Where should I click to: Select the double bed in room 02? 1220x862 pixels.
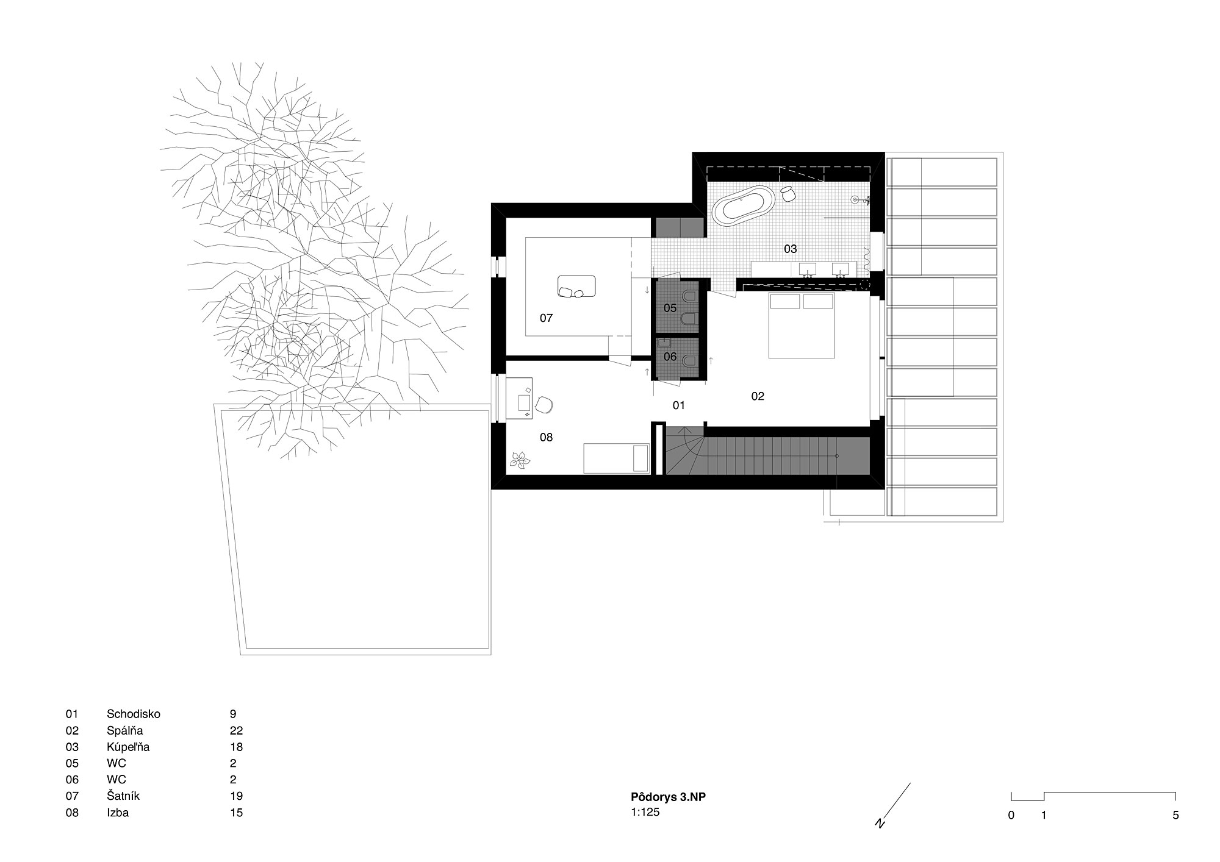tap(802, 326)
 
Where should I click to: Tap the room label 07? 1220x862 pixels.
tap(546, 318)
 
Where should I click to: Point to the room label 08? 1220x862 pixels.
tap(546, 437)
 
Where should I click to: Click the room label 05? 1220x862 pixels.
tap(670, 308)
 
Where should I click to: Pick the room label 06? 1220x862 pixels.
tap(670, 357)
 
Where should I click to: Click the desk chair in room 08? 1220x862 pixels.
tap(544, 405)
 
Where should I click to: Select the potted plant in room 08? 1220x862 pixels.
tap(520, 460)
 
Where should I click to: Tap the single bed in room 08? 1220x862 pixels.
tap(616, 458)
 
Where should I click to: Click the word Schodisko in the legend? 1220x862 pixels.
tap(134, 714)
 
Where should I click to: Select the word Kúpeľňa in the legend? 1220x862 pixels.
tap(128, 747)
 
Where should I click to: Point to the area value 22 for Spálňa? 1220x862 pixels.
tap(237, 730)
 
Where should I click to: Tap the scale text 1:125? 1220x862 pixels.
tap(645, 812)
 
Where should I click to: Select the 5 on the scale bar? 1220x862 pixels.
tap(1175, 815)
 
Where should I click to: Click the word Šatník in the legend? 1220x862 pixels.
tap(123, 796)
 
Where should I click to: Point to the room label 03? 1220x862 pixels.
tap(791, 249)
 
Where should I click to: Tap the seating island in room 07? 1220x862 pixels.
tap(576, 287)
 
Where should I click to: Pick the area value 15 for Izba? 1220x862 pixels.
tap(237, 813)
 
